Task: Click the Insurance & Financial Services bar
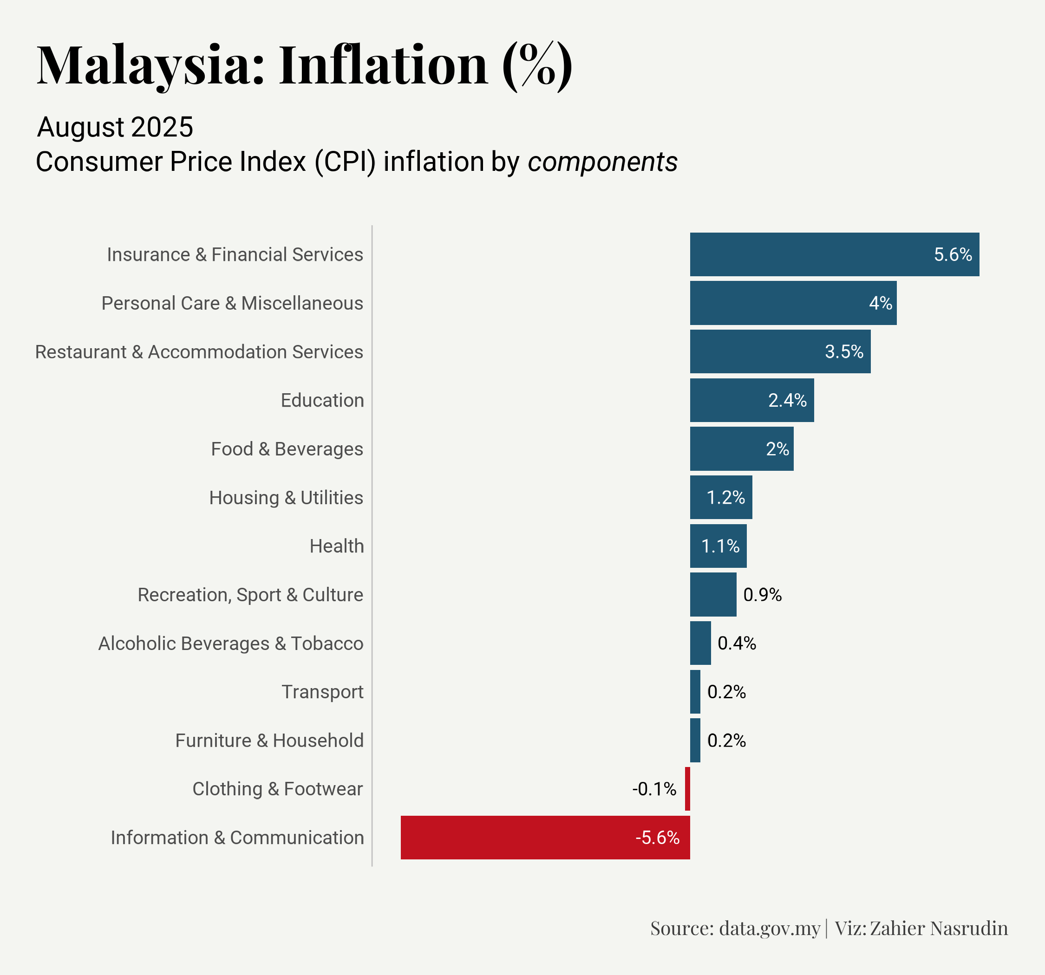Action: pos(834,254)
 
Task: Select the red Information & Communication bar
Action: pos(545,837)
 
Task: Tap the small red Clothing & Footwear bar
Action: pos(687,788)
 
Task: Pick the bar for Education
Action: pos(751,400)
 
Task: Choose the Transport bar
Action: pos(695,692)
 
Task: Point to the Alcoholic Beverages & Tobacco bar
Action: pos(700,643)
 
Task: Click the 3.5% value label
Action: pos(844,351)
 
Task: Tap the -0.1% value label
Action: pos(654,788)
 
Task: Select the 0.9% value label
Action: pos(762,594)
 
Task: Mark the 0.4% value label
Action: pos(737,643)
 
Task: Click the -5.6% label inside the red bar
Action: pos(657,837)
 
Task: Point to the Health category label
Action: pos(336,546)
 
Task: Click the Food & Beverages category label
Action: pos(287,449)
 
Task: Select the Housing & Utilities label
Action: pos(286,497)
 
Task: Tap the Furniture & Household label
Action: pos(269,740)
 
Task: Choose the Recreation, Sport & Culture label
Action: pos(250,594)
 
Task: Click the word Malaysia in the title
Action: pos(150,66)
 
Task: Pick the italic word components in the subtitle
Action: pos(602,162)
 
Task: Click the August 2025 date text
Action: pos(115,127)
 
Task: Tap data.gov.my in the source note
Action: pos(769,928)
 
